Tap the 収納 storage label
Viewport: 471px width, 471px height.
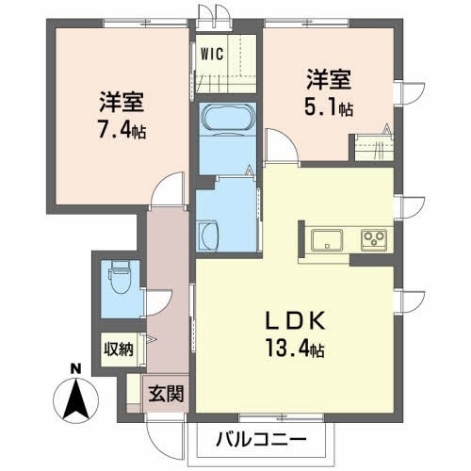tap(119, 349)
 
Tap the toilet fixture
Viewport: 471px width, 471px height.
tap(118, 277)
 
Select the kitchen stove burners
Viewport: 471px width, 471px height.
tap(374, 239)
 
